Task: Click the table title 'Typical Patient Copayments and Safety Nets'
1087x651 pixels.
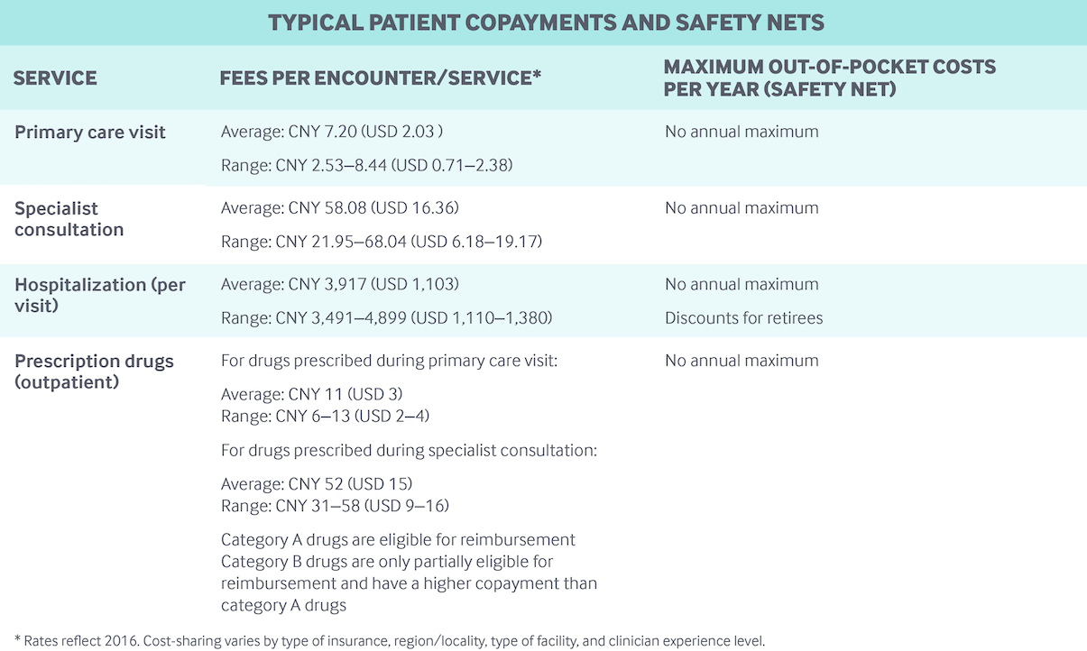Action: point(546,23)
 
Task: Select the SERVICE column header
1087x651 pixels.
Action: point(55,78)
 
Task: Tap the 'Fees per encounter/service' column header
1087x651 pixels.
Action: point(380,78)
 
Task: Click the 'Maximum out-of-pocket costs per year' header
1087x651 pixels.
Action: point(829,78)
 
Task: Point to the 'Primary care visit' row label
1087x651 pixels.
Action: point(90,133)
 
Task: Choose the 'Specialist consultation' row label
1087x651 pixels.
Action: point(69,219)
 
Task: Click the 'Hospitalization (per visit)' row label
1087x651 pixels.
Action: point(100,295)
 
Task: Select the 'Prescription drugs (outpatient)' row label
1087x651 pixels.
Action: point(94,371)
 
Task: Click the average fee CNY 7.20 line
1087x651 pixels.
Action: point(332,132)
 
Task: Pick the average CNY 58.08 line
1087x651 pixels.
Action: point(340,208)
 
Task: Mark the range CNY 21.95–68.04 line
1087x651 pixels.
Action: point(382,242)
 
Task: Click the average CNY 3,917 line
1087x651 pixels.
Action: point(340,284)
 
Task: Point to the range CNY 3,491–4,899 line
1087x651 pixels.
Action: point(386,318)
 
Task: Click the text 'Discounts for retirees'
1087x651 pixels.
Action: point(743,318)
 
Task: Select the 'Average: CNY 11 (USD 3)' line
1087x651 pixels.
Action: point(311,395)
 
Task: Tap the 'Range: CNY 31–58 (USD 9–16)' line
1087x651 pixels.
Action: point(335,506)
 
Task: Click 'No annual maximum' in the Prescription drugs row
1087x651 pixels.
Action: point(742,361)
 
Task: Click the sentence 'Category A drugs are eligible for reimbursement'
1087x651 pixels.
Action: point(398,540)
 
